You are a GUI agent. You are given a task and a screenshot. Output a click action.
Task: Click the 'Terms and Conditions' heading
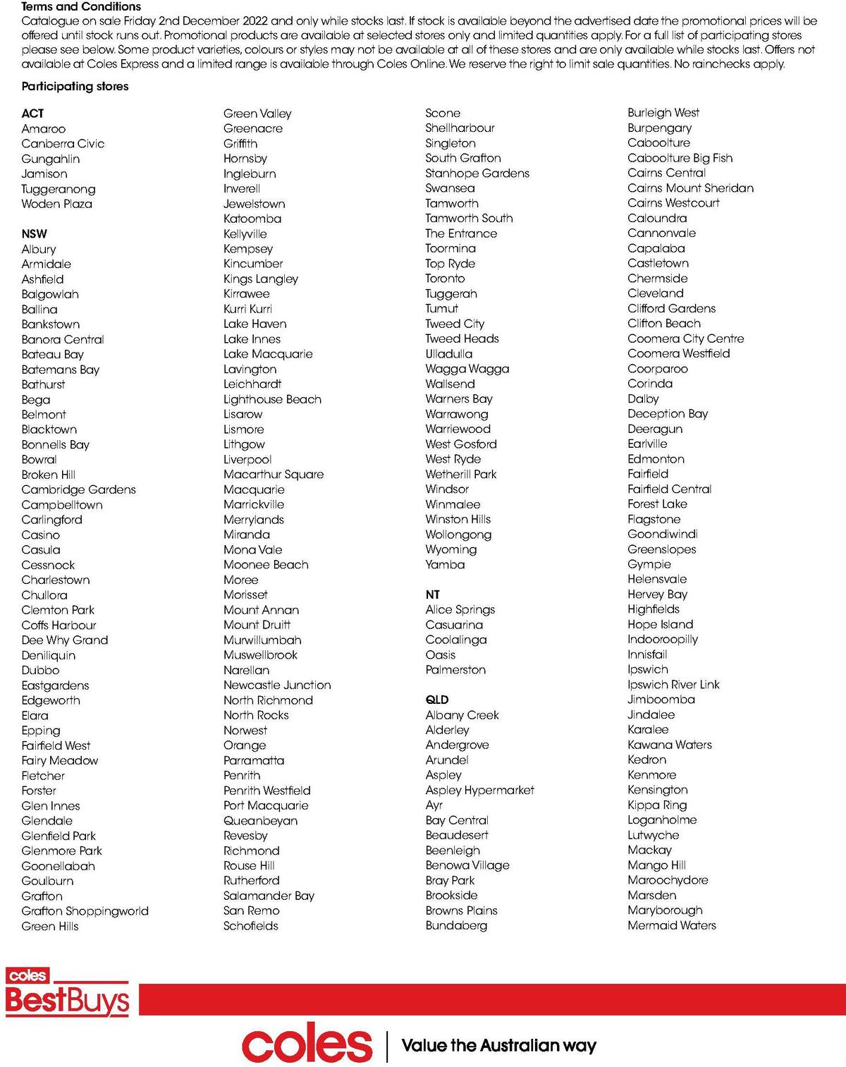pyautogui.click(x=81, y=6)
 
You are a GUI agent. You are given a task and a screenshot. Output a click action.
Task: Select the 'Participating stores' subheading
pyautogui.click(x=75, y=86)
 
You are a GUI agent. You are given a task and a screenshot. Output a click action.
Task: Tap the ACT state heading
pyautogui.click(x=32, y=114)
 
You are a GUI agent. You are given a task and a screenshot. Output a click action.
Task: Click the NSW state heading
pyautogui.click(x=35, y=234)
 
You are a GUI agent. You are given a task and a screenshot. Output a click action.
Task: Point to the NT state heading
pyautogui.click(x=432, y=595)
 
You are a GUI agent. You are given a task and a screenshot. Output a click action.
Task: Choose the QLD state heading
pyautogui.click(x=437, y=700)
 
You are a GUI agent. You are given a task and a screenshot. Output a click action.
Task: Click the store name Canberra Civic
pyautogui.click(x=63, y=144)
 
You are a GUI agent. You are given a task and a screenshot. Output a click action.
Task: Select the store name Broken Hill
pyautogui.click(x=48, y=475)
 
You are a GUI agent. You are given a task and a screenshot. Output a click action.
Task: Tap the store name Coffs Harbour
pyautogui.click(x=59, y=625)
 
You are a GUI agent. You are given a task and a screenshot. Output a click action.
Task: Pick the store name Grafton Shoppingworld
pyautogui.click(x=85, y=911)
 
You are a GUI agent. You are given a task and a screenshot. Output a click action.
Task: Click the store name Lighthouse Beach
pyautogui.click(x=272, y=399)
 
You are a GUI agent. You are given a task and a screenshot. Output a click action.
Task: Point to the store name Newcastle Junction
pyautogui.click(x=277, y=685)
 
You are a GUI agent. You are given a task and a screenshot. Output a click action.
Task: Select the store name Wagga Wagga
pyautogui.click(x=467, y=369)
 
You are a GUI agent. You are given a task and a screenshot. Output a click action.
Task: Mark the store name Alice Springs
pyautogui.click(x=460, y=609)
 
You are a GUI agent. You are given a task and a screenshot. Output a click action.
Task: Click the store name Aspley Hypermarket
pyautogui.click(x=479, y=790)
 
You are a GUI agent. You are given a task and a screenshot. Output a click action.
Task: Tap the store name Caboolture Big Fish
pyautogui.click(x=680, y=158)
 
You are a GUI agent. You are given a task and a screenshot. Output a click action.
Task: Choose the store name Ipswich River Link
pyautogui.click(x=673, y=684)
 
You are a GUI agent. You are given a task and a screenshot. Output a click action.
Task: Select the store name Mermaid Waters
pyautogui.click(x=671, y=925)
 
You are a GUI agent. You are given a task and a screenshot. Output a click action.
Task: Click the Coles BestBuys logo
pyautogui.click(x=68, y=992)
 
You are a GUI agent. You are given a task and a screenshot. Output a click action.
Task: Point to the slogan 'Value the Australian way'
pyautogui.click(x=498, y=1045)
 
